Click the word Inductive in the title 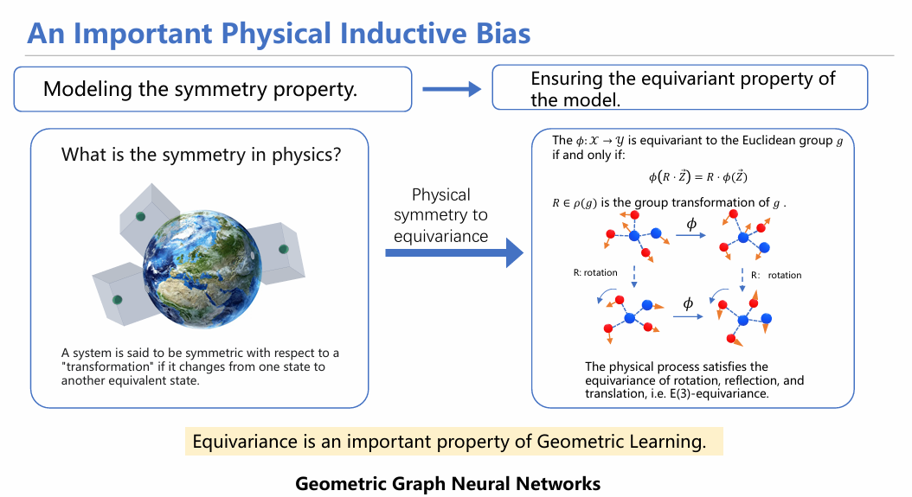click(401, 33)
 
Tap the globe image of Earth click(202, 269)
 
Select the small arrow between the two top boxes click(452, 89)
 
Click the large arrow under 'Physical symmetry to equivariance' click(454, 253)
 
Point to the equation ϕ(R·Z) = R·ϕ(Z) click(697, 176)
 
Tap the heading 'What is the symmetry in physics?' click(202, 155)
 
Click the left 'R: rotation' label click(595, 272)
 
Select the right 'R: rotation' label click(776, 275)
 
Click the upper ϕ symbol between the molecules click(691, 225)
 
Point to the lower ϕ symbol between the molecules click(688, 303)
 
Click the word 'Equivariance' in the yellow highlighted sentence click(245, 442)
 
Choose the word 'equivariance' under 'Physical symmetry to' click(441, 236)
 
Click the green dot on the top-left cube click(140, 216)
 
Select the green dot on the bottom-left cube click(118, 299)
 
